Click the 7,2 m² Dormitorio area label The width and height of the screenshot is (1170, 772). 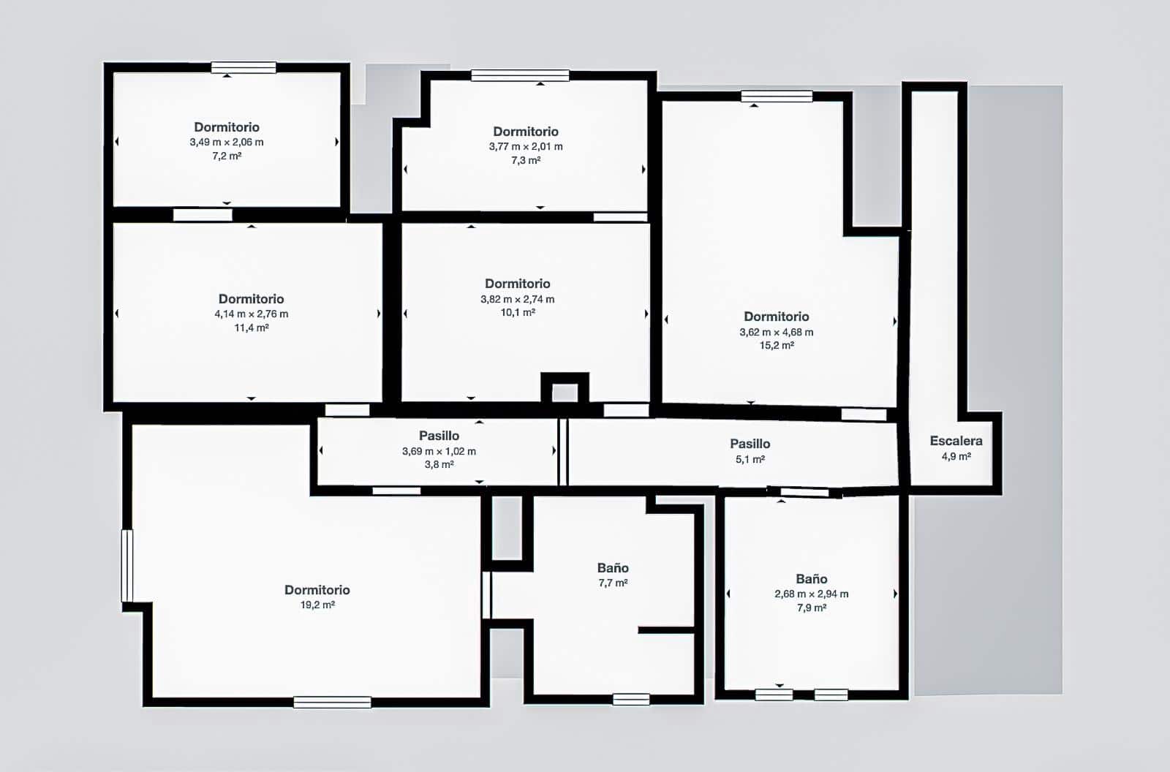[x=227, y=156]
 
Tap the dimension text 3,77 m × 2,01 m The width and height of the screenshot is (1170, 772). [x=526, y=146]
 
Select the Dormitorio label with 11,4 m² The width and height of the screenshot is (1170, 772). [x=251, y=298]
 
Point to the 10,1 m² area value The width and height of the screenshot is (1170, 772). [x=518, y=312]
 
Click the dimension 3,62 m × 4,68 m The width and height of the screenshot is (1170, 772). [x=776, y=331]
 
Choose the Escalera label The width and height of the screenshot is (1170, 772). [x=956, y=441]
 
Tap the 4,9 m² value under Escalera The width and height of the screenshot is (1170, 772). [x=956, y=456]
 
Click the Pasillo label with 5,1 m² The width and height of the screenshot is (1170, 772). [x=750, y=444]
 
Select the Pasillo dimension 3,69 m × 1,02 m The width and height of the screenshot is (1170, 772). [x=439, y=451]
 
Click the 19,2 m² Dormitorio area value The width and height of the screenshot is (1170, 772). [x=317, y=605]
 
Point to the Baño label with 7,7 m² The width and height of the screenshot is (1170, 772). [x=613, y=568]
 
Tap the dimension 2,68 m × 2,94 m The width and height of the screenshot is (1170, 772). [x=811, y=594]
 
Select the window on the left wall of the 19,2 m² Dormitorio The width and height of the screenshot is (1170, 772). [x=127, y=565]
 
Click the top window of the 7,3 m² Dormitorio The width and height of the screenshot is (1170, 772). [x=520, y=75]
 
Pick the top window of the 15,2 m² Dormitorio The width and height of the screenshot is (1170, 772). [x=777, y=96]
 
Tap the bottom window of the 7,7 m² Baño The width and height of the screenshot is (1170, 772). [x=631, y=700]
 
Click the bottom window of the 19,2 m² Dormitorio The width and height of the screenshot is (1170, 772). [x=332, y=702]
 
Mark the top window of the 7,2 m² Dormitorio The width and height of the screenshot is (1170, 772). [x=244, y=68]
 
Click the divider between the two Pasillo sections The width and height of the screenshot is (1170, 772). [x=563, y=451]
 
